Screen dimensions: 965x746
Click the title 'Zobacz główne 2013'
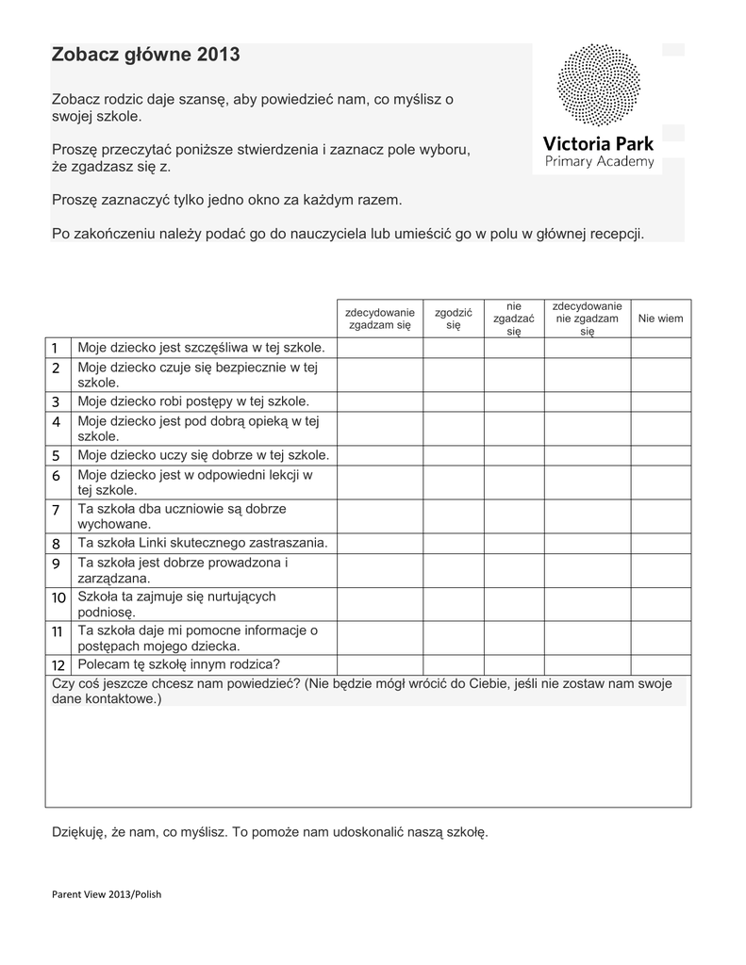145,56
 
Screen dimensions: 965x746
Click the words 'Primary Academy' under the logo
599,162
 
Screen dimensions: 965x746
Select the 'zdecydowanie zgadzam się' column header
380,319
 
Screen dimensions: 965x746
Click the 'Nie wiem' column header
660,319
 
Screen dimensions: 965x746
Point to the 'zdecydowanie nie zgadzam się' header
587,319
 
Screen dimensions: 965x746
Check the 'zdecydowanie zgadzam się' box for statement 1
380,348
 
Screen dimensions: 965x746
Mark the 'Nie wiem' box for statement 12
660,664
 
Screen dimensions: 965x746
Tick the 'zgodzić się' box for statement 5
454,455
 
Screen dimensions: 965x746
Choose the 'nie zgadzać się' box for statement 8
514,544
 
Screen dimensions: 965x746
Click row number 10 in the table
58,597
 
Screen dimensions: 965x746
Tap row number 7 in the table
56,510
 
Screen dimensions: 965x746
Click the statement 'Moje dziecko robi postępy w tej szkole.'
194,401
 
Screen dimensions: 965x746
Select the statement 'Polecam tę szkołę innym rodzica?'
178,664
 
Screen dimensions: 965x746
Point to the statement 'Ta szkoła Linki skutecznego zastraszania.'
203,544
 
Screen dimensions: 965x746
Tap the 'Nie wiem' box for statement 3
660,401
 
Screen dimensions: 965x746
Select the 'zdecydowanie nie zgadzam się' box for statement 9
587,571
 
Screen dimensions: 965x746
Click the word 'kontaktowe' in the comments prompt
122,700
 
